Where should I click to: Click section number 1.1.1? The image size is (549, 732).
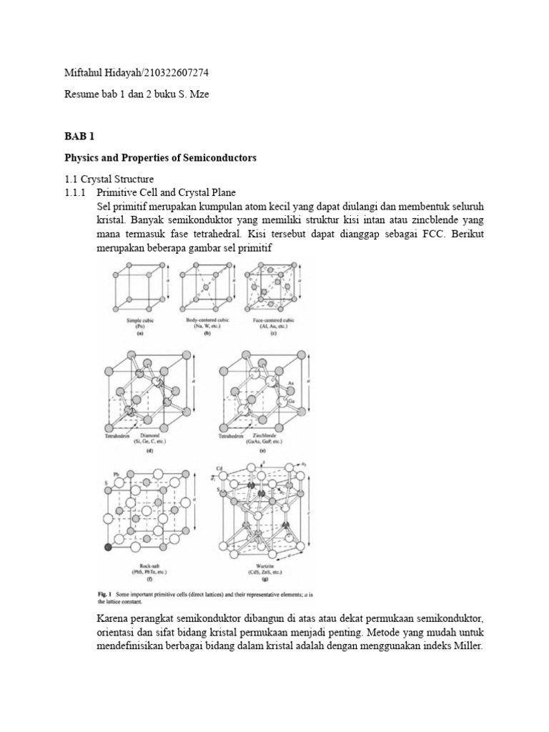coord(71,192)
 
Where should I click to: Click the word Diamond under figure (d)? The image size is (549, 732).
coord(149,435)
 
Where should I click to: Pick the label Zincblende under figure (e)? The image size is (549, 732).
coord(265,435)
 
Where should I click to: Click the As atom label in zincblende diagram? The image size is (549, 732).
coord(291,384)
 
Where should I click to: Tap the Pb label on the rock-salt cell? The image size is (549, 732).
coord(105,473)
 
